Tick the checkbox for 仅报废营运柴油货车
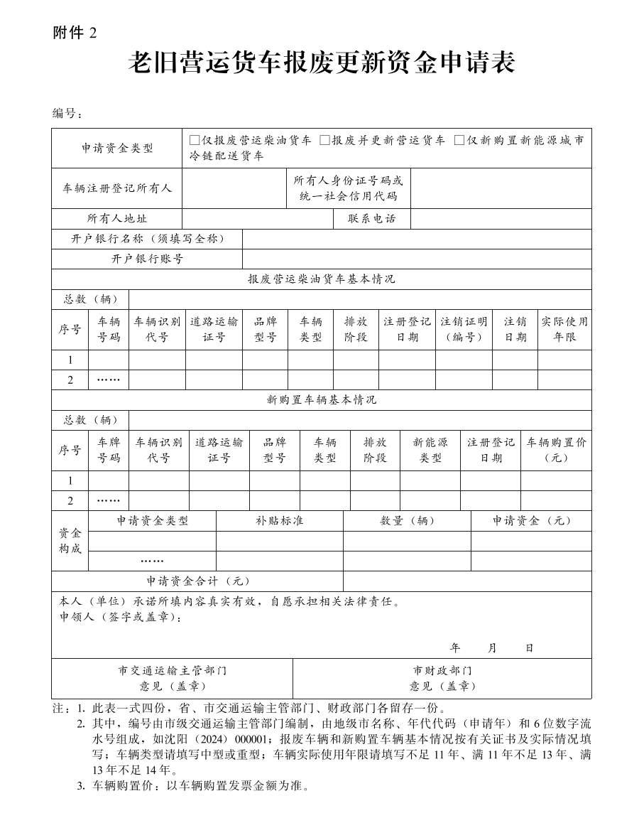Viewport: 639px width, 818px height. (195, 140)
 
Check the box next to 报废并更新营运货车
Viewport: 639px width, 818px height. (324, 140)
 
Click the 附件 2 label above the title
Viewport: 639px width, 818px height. (74, 33)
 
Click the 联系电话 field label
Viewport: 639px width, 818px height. (371, 219)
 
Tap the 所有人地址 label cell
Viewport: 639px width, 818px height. (116, 219)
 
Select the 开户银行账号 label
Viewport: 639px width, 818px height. (147, 259)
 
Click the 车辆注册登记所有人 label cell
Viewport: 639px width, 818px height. (116, 188)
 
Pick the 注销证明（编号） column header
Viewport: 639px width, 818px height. (464, 329)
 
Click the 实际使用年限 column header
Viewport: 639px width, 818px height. (564, 329)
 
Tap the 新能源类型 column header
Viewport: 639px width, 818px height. (430, 450)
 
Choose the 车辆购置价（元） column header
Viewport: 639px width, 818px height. (556, 450)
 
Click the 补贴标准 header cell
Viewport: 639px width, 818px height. (279, 520)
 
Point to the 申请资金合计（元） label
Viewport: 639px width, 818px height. (197, 581)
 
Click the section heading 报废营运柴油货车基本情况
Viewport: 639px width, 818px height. (321, 279)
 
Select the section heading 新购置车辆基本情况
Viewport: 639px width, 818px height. (321, 400)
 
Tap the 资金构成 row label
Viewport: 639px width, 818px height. (70, 540)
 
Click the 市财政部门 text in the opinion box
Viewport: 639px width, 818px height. (442, 670)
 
